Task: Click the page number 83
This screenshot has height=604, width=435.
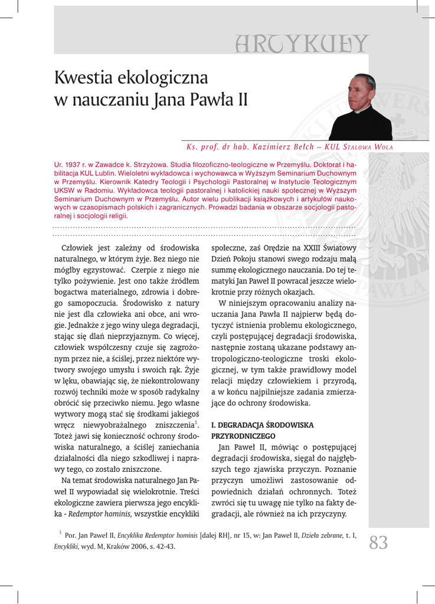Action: (x=379, y=541)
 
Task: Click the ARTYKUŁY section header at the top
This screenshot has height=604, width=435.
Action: (x=300, y=44)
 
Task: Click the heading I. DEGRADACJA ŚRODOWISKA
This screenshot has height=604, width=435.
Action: (x=262, y=425)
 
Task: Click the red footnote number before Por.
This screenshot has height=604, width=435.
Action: (x=60, y=533)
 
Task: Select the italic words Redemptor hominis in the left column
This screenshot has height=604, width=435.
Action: (x=100, y=514)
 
